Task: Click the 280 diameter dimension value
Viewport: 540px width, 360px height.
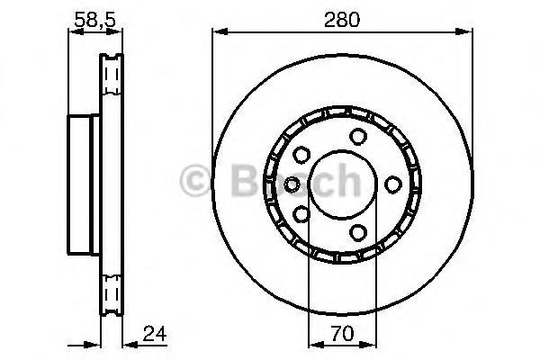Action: tap(342, 20)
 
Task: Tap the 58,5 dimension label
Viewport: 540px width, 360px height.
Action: tap(94, 19)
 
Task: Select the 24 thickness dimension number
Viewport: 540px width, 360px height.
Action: tap(155, 333)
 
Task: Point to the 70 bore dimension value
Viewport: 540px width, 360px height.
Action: tap(342, 333)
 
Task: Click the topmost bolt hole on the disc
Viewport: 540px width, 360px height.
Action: tap(358, 137)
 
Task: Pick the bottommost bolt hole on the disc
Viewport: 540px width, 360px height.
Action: tap(358, 232)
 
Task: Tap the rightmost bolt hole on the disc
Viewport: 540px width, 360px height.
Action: tap(393, 184)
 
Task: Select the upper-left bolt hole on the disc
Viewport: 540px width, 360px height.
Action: tap(301, 155)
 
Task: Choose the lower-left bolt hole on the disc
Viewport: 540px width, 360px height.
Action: tap(301, 214)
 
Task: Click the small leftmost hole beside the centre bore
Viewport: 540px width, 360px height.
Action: tap(292, 185)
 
